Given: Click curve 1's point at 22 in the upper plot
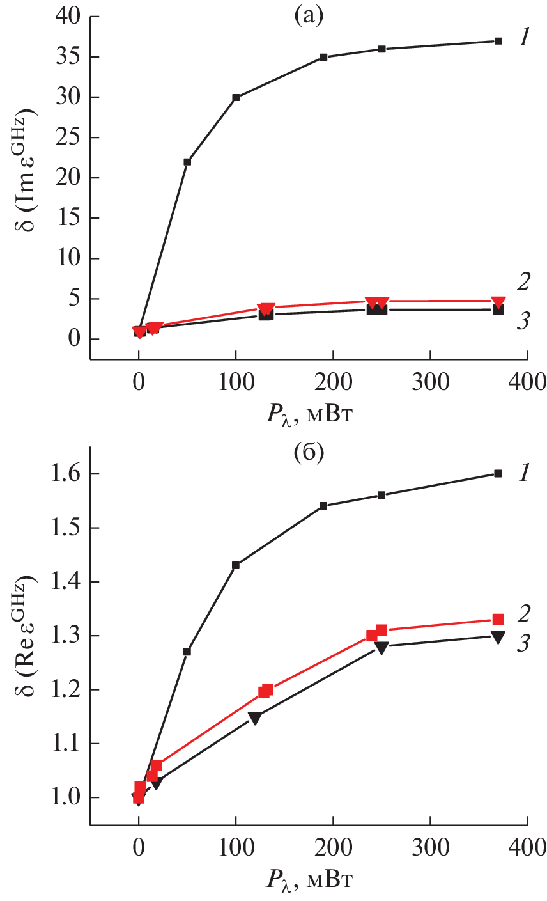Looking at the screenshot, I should [187, 162].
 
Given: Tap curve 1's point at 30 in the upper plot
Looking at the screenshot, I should [236, 98].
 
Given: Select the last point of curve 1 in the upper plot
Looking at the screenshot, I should [498, 41].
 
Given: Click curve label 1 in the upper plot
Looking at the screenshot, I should [524, 38].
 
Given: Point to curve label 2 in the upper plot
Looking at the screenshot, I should [524, 281].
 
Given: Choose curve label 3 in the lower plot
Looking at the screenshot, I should [524, 643].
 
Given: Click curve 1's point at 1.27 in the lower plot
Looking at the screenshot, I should [187, 652].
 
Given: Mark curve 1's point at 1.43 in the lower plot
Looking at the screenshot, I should [236, 565].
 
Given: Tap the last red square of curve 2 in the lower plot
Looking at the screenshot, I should [498, 619].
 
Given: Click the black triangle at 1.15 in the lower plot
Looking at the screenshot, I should [255, 717].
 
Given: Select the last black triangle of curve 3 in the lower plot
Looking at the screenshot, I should [498, 636].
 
